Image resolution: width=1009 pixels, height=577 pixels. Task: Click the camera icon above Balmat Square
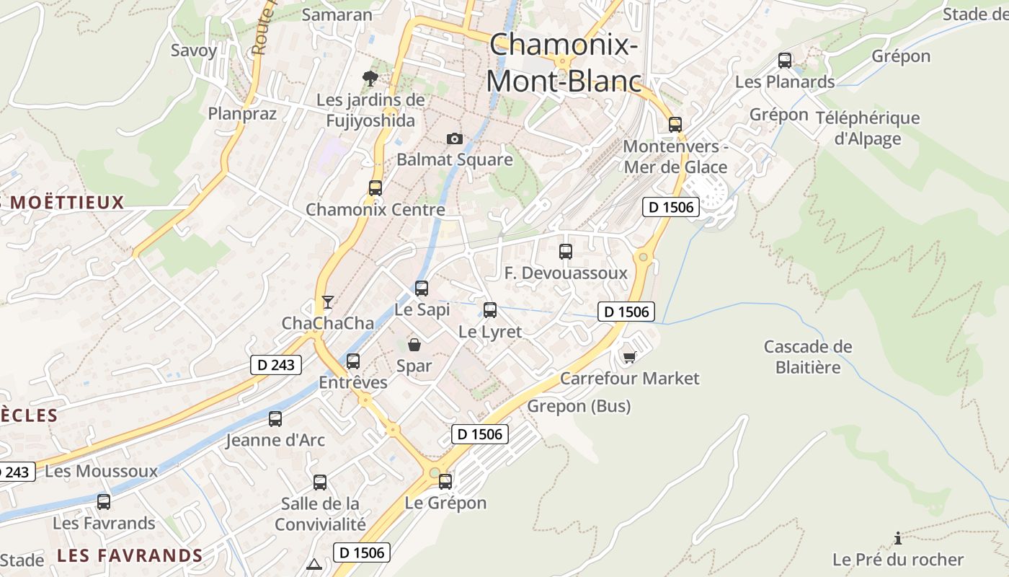click(x=454, y=138)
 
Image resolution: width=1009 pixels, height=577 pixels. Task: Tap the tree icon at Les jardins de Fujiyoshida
click(x=370, y=78)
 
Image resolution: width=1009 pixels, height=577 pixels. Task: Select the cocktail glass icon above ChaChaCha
click(x=328, y=301)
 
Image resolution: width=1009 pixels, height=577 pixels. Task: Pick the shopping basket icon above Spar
click(x=414, y=345)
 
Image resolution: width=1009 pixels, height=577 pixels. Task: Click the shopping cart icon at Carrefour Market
click(x=629, y=356)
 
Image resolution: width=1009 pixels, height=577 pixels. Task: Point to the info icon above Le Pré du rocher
click(x=897, y=538)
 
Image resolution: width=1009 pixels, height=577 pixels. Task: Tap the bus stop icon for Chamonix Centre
click(x=375, y=188)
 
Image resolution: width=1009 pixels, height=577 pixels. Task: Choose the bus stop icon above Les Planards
click(x=785, y=61)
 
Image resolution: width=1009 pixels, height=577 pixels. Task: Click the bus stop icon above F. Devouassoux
click(x=566, y=252)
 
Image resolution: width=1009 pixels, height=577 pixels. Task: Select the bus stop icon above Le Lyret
click(x=490, y=310)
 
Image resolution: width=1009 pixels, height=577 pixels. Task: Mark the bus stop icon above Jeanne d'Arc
click(x=275, y=419)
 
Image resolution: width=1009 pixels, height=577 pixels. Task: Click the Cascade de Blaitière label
click(x=808, y=357)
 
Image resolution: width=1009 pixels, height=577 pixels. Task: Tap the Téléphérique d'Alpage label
click(x=867, y=128)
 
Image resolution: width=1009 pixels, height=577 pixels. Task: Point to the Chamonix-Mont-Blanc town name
click(x=564, y=63)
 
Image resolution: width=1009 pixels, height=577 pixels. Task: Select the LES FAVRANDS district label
click(x=130, y=555)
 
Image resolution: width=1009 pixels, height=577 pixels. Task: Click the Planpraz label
click(x=242, y=113)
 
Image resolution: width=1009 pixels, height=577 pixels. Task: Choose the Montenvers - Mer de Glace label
click(x=675, y=157)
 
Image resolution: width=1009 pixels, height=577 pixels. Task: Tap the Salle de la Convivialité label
click(x=320, y=514)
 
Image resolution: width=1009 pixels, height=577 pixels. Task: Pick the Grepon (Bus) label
click(x=579, y=406)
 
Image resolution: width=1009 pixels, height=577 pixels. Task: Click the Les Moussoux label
click(x=101, y=472)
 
